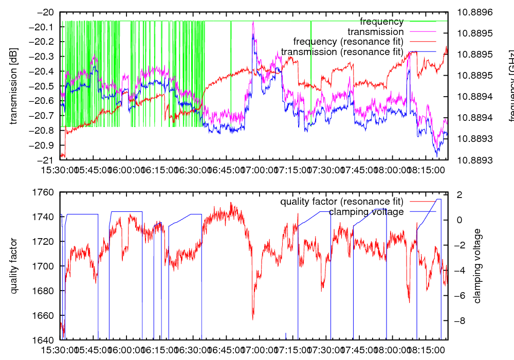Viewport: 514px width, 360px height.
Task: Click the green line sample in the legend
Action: (x=421, y=22)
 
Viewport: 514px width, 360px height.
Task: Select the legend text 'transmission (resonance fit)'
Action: (x=342, y=52)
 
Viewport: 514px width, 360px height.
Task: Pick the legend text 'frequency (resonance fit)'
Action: (x=348, y=42)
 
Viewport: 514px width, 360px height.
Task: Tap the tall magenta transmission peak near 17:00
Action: (x=253, y=23)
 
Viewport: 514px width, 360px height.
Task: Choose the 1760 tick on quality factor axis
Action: (x=43, y=192)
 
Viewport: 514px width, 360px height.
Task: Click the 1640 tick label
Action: (x=43, y=340)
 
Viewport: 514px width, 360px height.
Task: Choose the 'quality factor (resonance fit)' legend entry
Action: (x=342, y=201)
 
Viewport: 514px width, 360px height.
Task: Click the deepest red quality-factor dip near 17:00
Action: (x=253, y=319)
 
